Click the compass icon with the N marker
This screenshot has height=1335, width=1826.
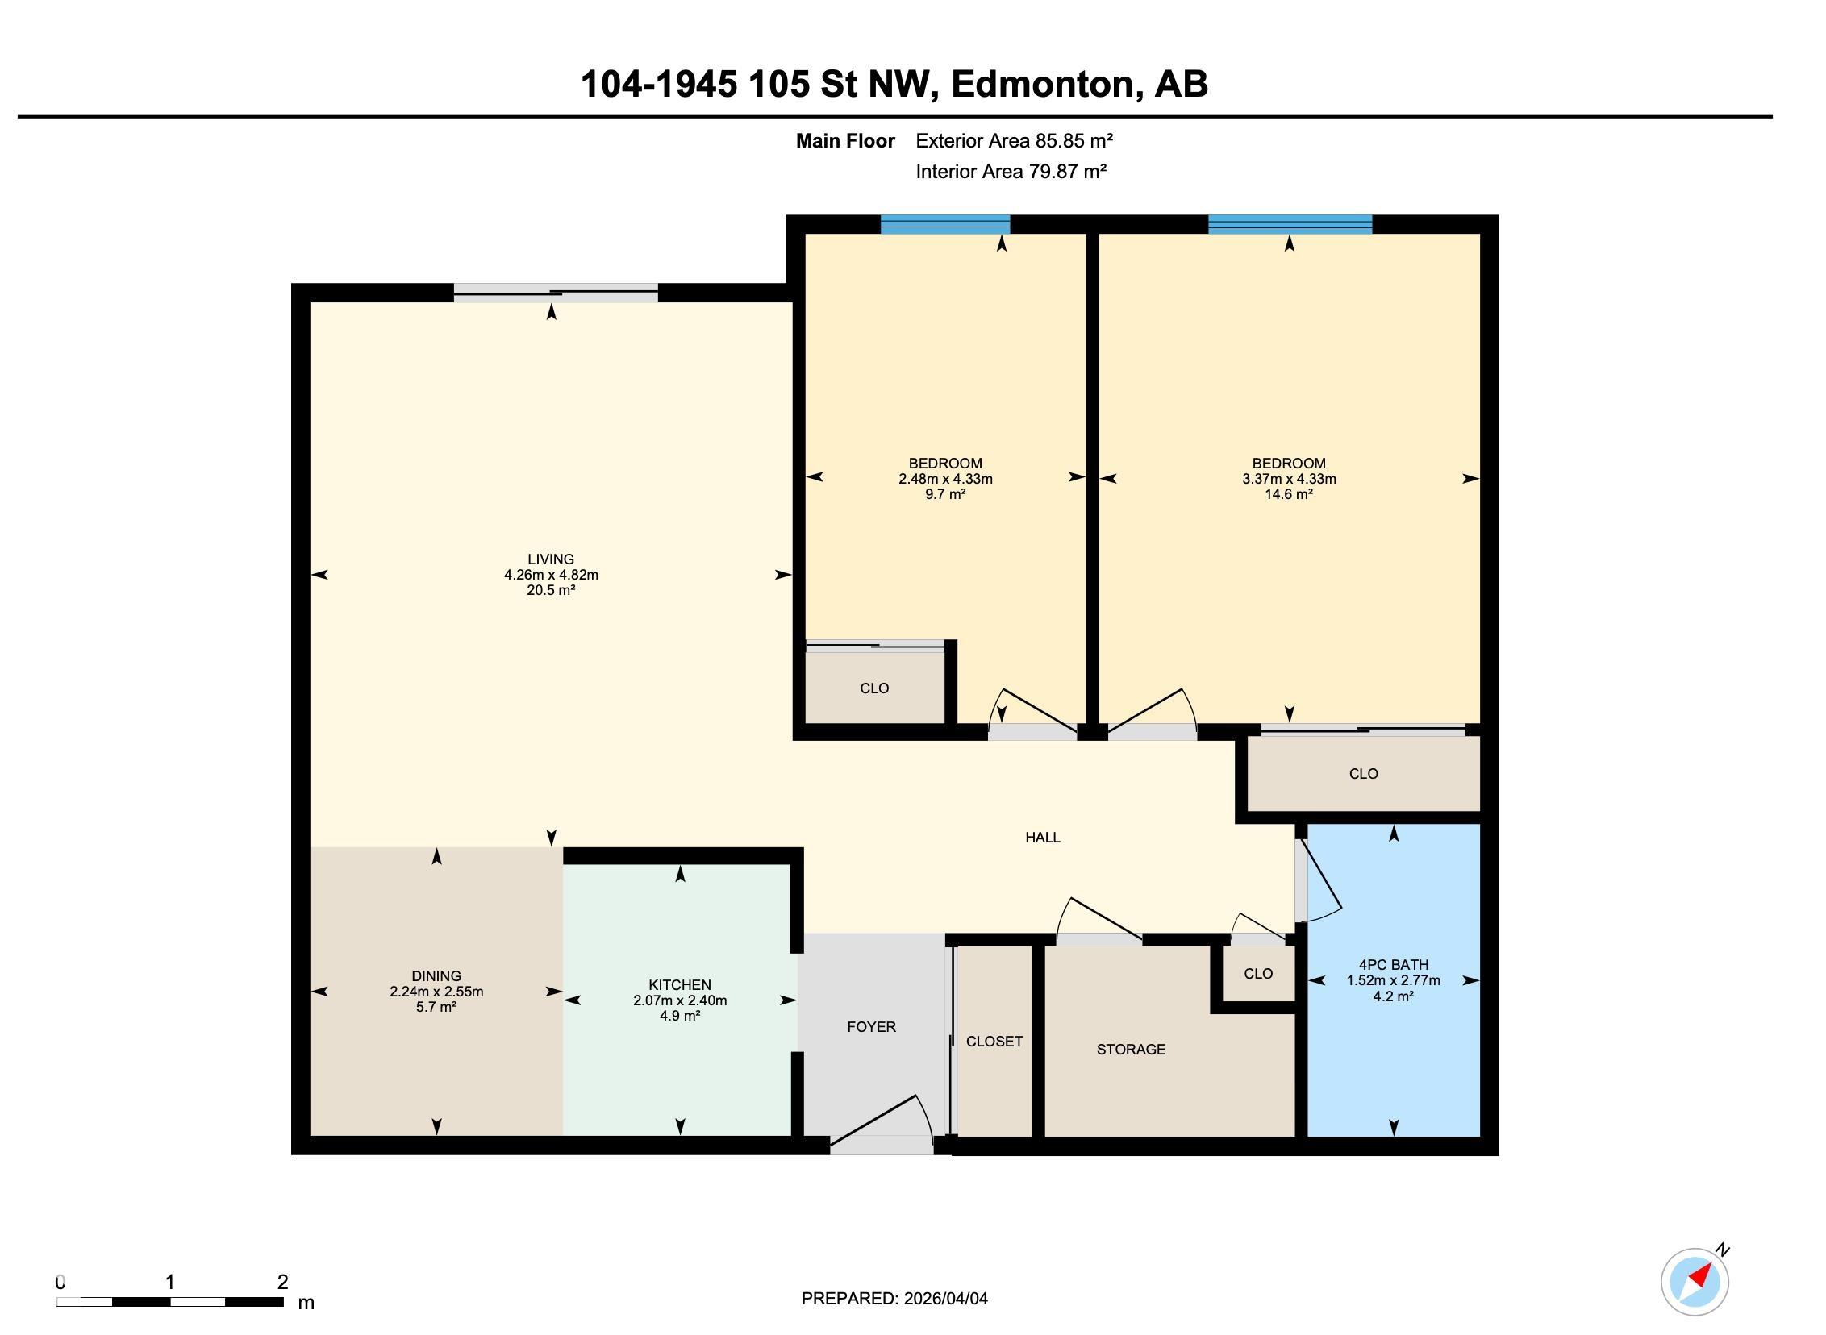(x=1695, y=1282)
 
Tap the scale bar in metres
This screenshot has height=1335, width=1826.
(x=169, y=1302)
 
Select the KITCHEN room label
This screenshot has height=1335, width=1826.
(x=680, y=985)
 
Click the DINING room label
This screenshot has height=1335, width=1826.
(x=436, y=976)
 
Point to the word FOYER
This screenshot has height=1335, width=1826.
(x=871, y=1027)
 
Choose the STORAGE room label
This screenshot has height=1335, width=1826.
(x=1131, y=1050)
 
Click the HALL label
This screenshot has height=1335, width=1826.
(x=1043, y=838)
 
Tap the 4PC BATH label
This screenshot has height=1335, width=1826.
(x=1394, y=965)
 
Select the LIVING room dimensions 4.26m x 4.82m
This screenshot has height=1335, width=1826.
(x=552, y=576)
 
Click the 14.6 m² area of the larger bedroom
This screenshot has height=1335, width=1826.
(x=1289, y=493)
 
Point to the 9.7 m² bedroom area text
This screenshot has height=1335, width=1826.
(x=946, y=493)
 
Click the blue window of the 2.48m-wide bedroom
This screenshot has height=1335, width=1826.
(x=945, y=225)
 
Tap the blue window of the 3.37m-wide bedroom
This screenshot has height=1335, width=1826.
(x=1290, y=225)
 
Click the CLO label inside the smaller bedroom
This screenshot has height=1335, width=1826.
(x=874, y=688)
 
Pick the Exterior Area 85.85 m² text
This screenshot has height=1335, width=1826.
(x=1015, y=141)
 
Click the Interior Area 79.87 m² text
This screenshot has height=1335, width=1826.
(x=1011, y=172)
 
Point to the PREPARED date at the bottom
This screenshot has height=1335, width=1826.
(x=894, y=1299)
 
